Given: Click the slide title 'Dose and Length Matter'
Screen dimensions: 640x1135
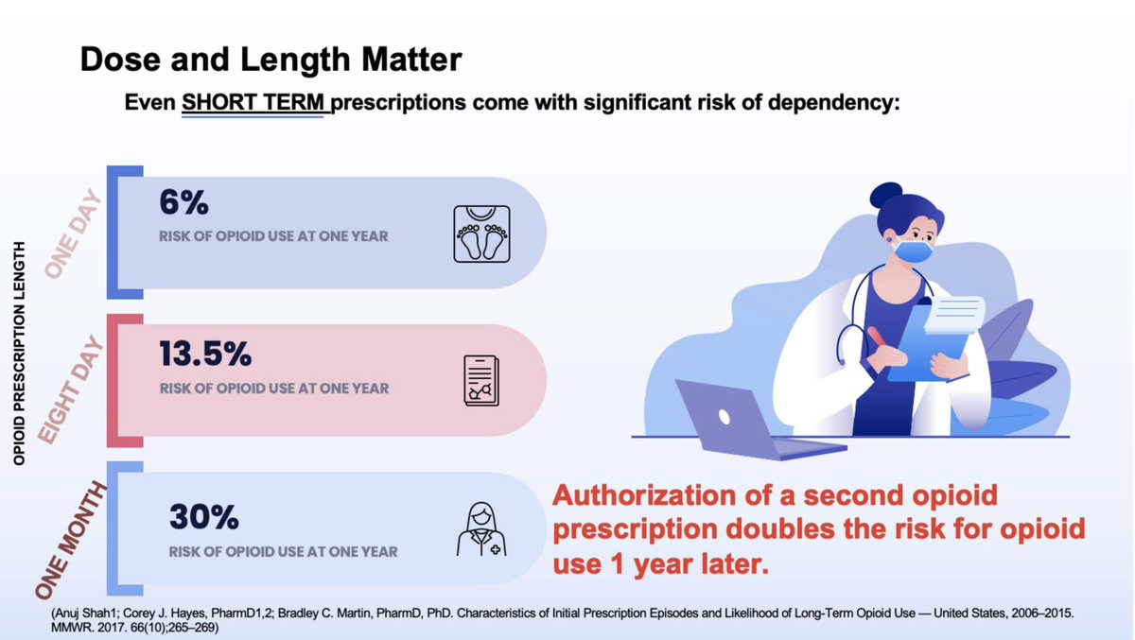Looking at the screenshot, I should click(271, 61).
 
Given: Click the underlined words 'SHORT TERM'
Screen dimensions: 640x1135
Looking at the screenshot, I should click(255, 101).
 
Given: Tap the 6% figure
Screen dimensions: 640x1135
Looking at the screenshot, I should click(183, 203).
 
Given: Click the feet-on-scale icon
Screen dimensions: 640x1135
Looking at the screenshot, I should click(481, 233).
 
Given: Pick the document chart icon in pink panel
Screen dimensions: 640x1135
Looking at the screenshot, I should click(481, 380).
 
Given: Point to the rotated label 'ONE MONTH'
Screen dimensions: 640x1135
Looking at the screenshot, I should click(72, 539).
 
